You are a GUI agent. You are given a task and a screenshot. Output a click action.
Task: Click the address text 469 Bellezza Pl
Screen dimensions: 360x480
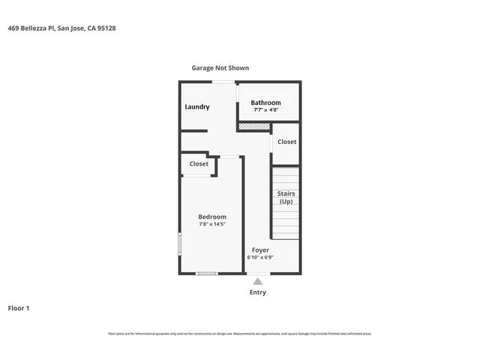[x=61, y=28]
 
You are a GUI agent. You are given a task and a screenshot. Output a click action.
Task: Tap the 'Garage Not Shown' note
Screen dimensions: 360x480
[x=220, y=67]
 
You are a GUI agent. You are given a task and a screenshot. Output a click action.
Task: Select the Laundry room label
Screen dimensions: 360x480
[x=197, y=106]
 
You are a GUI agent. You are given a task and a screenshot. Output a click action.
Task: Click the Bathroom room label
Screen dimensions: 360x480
[x=265, y=103]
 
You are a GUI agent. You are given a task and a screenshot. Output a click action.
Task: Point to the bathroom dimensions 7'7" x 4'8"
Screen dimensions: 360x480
[x=265, y=110]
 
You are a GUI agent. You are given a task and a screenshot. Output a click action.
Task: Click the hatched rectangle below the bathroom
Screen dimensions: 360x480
[x=253, y=127]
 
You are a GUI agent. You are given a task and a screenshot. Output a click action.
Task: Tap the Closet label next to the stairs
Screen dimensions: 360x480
[x=286, y=142]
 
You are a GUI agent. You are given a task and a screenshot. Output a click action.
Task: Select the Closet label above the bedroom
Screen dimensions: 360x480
[x=199, y=163]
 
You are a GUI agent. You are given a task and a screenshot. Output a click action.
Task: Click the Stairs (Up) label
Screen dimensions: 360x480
[x=286, y=197]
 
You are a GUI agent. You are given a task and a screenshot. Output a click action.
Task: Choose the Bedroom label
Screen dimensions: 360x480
[x=212, y=217]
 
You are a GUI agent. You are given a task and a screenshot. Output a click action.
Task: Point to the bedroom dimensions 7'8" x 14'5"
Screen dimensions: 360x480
[x=212, y=224]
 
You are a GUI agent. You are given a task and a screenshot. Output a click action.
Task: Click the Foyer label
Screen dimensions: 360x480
[x=260, y=250]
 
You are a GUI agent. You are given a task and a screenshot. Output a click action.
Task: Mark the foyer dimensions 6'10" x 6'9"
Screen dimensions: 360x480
[x=260, y=257]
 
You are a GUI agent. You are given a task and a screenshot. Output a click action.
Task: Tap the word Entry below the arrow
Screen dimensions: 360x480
[x=257, y=292]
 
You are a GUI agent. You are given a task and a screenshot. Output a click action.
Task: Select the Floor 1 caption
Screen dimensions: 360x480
[x=19, y=308]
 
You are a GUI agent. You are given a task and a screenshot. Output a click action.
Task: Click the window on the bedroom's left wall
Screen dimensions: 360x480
[x=179, y=245]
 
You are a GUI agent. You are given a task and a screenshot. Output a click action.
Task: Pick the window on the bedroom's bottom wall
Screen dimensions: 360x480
[x=206, y=274]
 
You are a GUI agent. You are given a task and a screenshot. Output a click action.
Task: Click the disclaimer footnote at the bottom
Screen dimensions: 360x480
[x=240, y=334]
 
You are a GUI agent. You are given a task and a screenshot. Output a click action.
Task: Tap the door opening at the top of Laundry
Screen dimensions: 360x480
[x=222, y=81]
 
